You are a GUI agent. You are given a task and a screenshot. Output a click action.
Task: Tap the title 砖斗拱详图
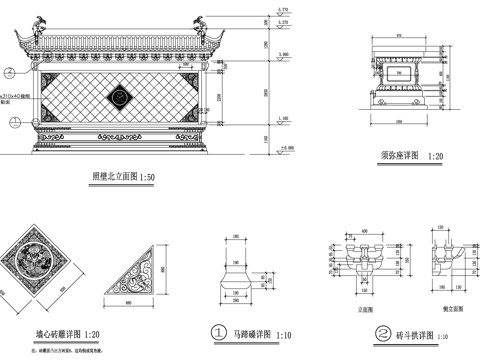point(405,332)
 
